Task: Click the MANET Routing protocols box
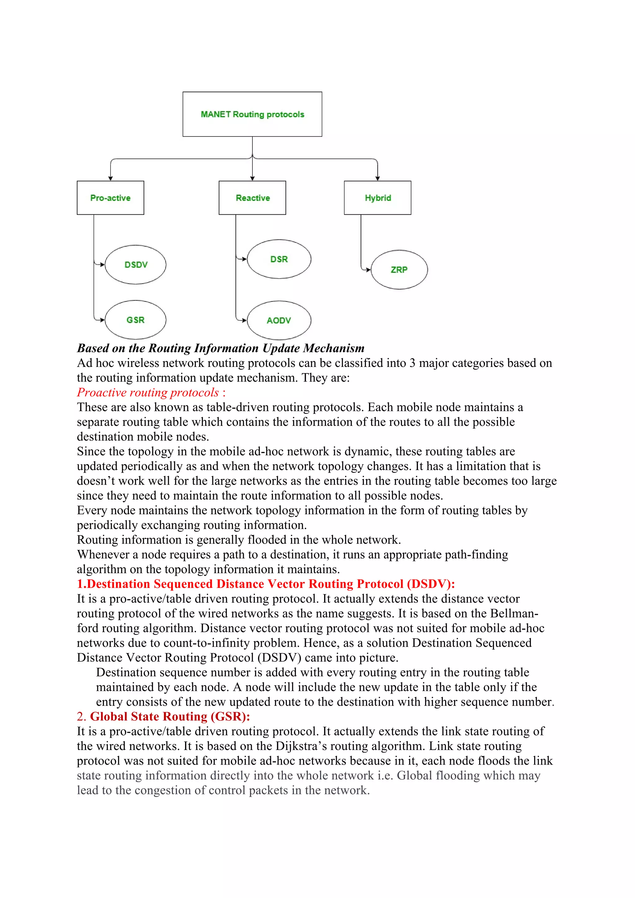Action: point(252,114)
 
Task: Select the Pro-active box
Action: point(110,198)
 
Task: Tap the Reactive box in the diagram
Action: point(252,198)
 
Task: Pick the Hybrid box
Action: point(377,198)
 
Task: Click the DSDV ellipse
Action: point(136,265)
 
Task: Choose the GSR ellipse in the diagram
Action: point(136,320)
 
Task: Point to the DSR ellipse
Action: point(279,259)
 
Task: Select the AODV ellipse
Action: point(279,320)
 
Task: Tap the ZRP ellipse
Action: point(399,270)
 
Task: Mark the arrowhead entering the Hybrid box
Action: point(377,178)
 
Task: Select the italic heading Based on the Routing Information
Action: point(220,348)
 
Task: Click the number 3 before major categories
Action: point(412,363)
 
